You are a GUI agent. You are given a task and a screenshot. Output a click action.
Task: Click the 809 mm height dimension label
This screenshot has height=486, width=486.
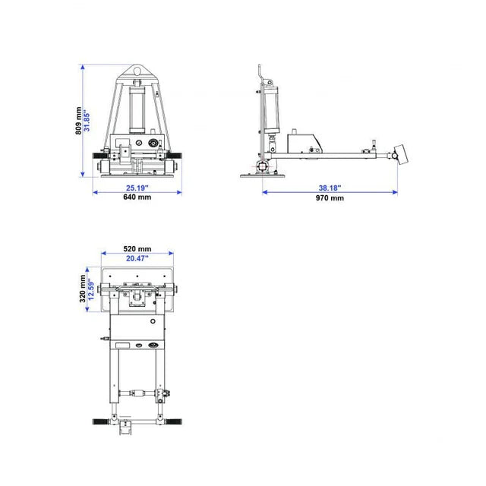coord(79,121)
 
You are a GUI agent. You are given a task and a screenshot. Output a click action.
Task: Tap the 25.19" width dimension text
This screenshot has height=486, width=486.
coord(137,188)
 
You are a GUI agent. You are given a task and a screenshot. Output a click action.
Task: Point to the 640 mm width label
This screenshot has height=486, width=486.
coord(137,197)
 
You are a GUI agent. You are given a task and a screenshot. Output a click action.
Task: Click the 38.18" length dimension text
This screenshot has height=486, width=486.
coord(330,188)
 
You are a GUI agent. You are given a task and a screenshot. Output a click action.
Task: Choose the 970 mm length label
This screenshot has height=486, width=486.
coord(330,197)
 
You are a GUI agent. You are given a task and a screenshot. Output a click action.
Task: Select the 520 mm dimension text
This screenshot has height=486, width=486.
coord(137,248)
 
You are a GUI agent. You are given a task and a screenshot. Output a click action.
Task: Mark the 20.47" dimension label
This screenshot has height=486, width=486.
coord(137,258)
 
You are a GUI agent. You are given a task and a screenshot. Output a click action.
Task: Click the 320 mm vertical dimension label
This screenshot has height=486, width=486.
coord(80,289)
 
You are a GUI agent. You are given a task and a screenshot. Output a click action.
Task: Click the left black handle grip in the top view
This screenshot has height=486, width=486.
coord(102,420)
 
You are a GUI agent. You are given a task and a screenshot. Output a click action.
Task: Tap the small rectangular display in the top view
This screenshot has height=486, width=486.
coord(122,346)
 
